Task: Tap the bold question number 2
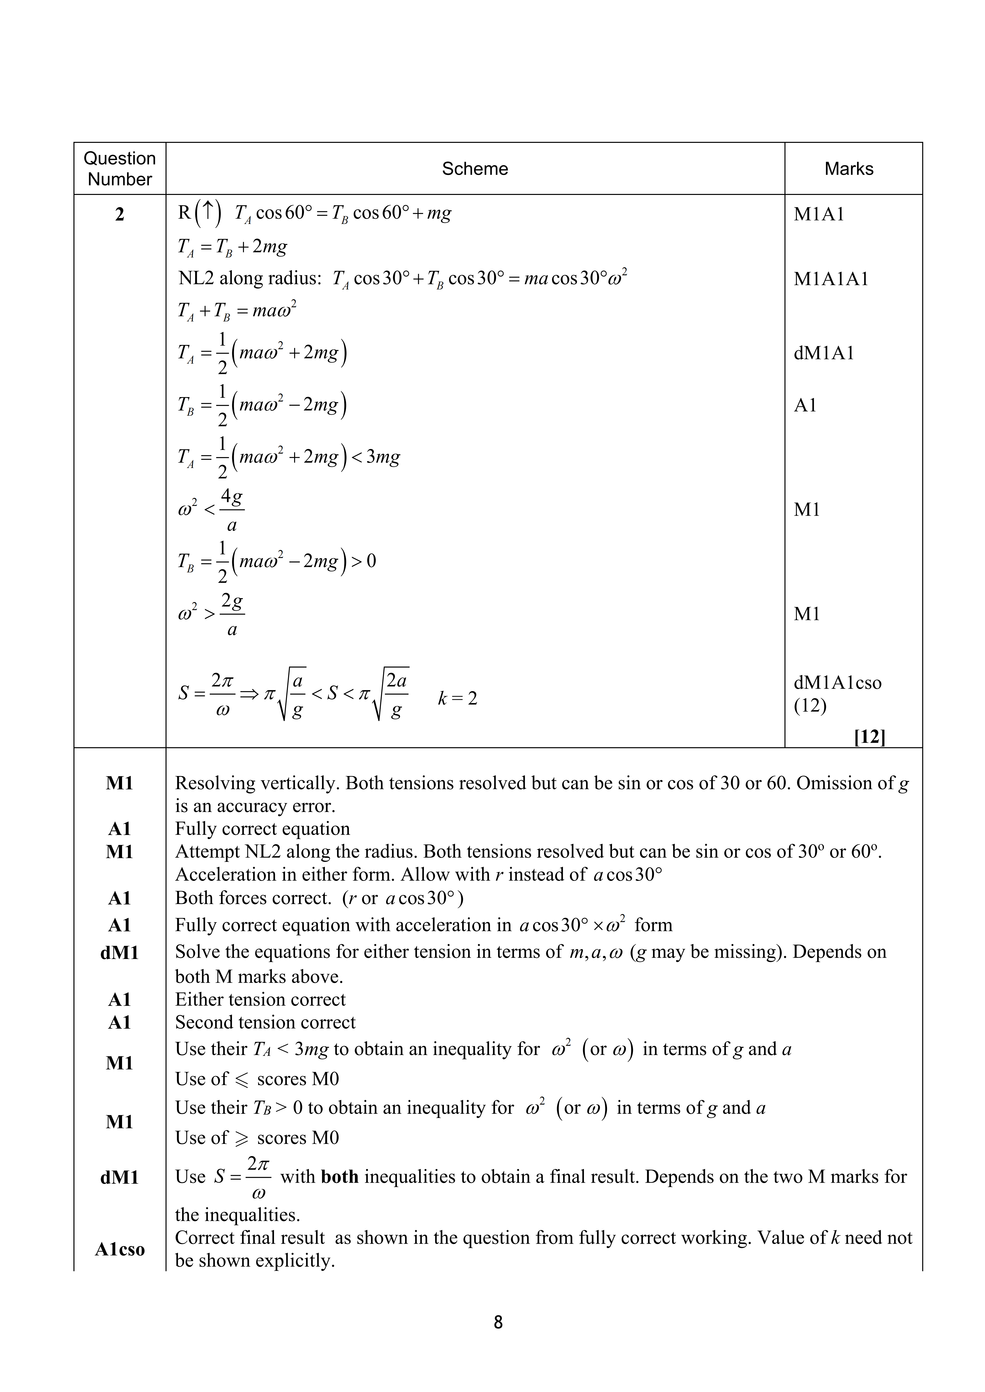[119, 214]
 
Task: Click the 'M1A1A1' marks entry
[831, 279]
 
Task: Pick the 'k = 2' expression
[457, 698]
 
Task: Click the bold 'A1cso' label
[119, 1249]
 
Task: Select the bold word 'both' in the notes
[340, 1177]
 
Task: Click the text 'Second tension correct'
[265, 1022]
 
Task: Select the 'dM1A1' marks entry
[824, 353]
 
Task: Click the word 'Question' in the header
[119, 158]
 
